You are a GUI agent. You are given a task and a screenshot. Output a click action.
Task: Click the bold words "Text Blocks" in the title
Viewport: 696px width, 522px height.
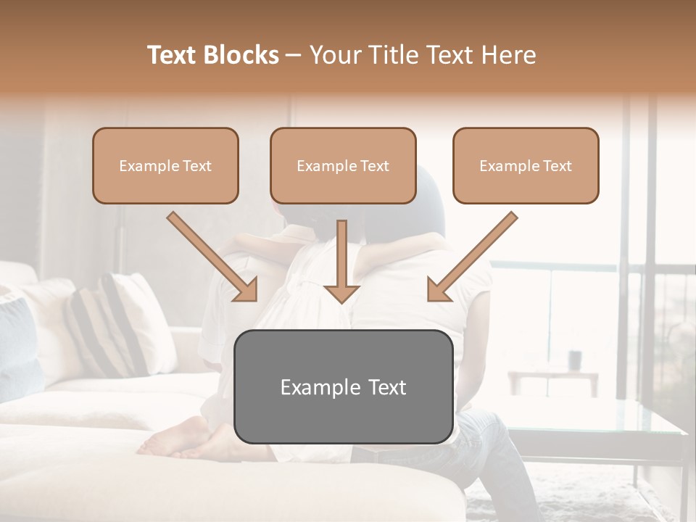pyautogui.click(x=213, y=55)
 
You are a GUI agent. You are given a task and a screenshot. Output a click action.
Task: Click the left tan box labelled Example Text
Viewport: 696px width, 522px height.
pyautogui.click(x=165, y=166)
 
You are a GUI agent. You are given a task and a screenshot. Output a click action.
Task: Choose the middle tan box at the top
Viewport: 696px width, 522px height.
pyautogui.click(x=343, y=166)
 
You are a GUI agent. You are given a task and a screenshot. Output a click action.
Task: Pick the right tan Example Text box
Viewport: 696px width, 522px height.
pyautogui.click(x=526, y=166)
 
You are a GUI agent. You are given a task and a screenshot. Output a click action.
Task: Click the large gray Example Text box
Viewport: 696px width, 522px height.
pyautogui.click(x=344, y=387)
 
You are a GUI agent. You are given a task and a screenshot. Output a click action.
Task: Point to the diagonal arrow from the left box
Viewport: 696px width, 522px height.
pyautogui.click(x=212, y=256)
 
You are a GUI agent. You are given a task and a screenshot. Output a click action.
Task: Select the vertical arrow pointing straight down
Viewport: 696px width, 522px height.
pyautogui.click(x=341, y=261)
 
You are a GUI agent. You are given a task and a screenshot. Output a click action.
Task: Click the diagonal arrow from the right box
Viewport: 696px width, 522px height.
pyautogui.click(x=473, y=256)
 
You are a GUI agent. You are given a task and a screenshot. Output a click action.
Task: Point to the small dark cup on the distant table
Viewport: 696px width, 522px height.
pyautogui.click(x=575, y=360)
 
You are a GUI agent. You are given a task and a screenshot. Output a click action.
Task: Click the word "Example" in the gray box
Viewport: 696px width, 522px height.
pyautogui.click(x=313, y=387)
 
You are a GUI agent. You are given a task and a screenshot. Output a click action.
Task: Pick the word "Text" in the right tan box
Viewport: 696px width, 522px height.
pyautogui.click(x=558, y=166)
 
